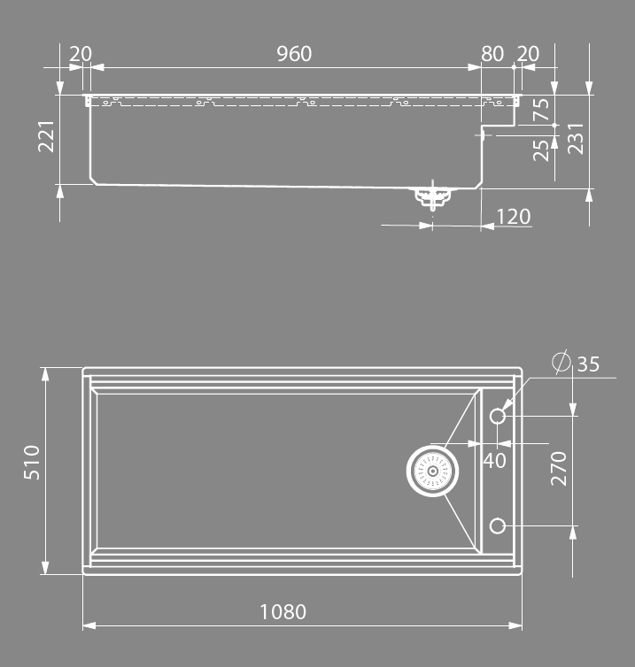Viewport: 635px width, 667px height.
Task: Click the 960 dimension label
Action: [294, 54]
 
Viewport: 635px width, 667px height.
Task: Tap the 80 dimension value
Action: [492, 54]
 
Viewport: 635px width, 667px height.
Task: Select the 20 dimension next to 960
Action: [81, 54]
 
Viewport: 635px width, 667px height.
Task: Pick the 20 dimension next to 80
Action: [528, 54]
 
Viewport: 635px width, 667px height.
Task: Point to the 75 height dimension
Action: [542, 109]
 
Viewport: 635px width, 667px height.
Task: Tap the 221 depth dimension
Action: [47, 136]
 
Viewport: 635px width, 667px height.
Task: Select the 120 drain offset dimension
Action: [514, 216]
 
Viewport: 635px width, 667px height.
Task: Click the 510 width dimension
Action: [32, 462]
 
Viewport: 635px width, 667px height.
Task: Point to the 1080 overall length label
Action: [283, 611]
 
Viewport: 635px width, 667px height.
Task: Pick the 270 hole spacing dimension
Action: [559, 468]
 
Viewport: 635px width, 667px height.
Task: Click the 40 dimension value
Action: [494, 460]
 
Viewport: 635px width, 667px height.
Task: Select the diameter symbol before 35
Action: [561, 363]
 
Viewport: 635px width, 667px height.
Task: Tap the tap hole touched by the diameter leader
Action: [498, 416]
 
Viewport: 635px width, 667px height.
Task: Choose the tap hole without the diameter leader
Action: [498, 527]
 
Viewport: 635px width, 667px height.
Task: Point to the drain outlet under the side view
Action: [431, 195]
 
